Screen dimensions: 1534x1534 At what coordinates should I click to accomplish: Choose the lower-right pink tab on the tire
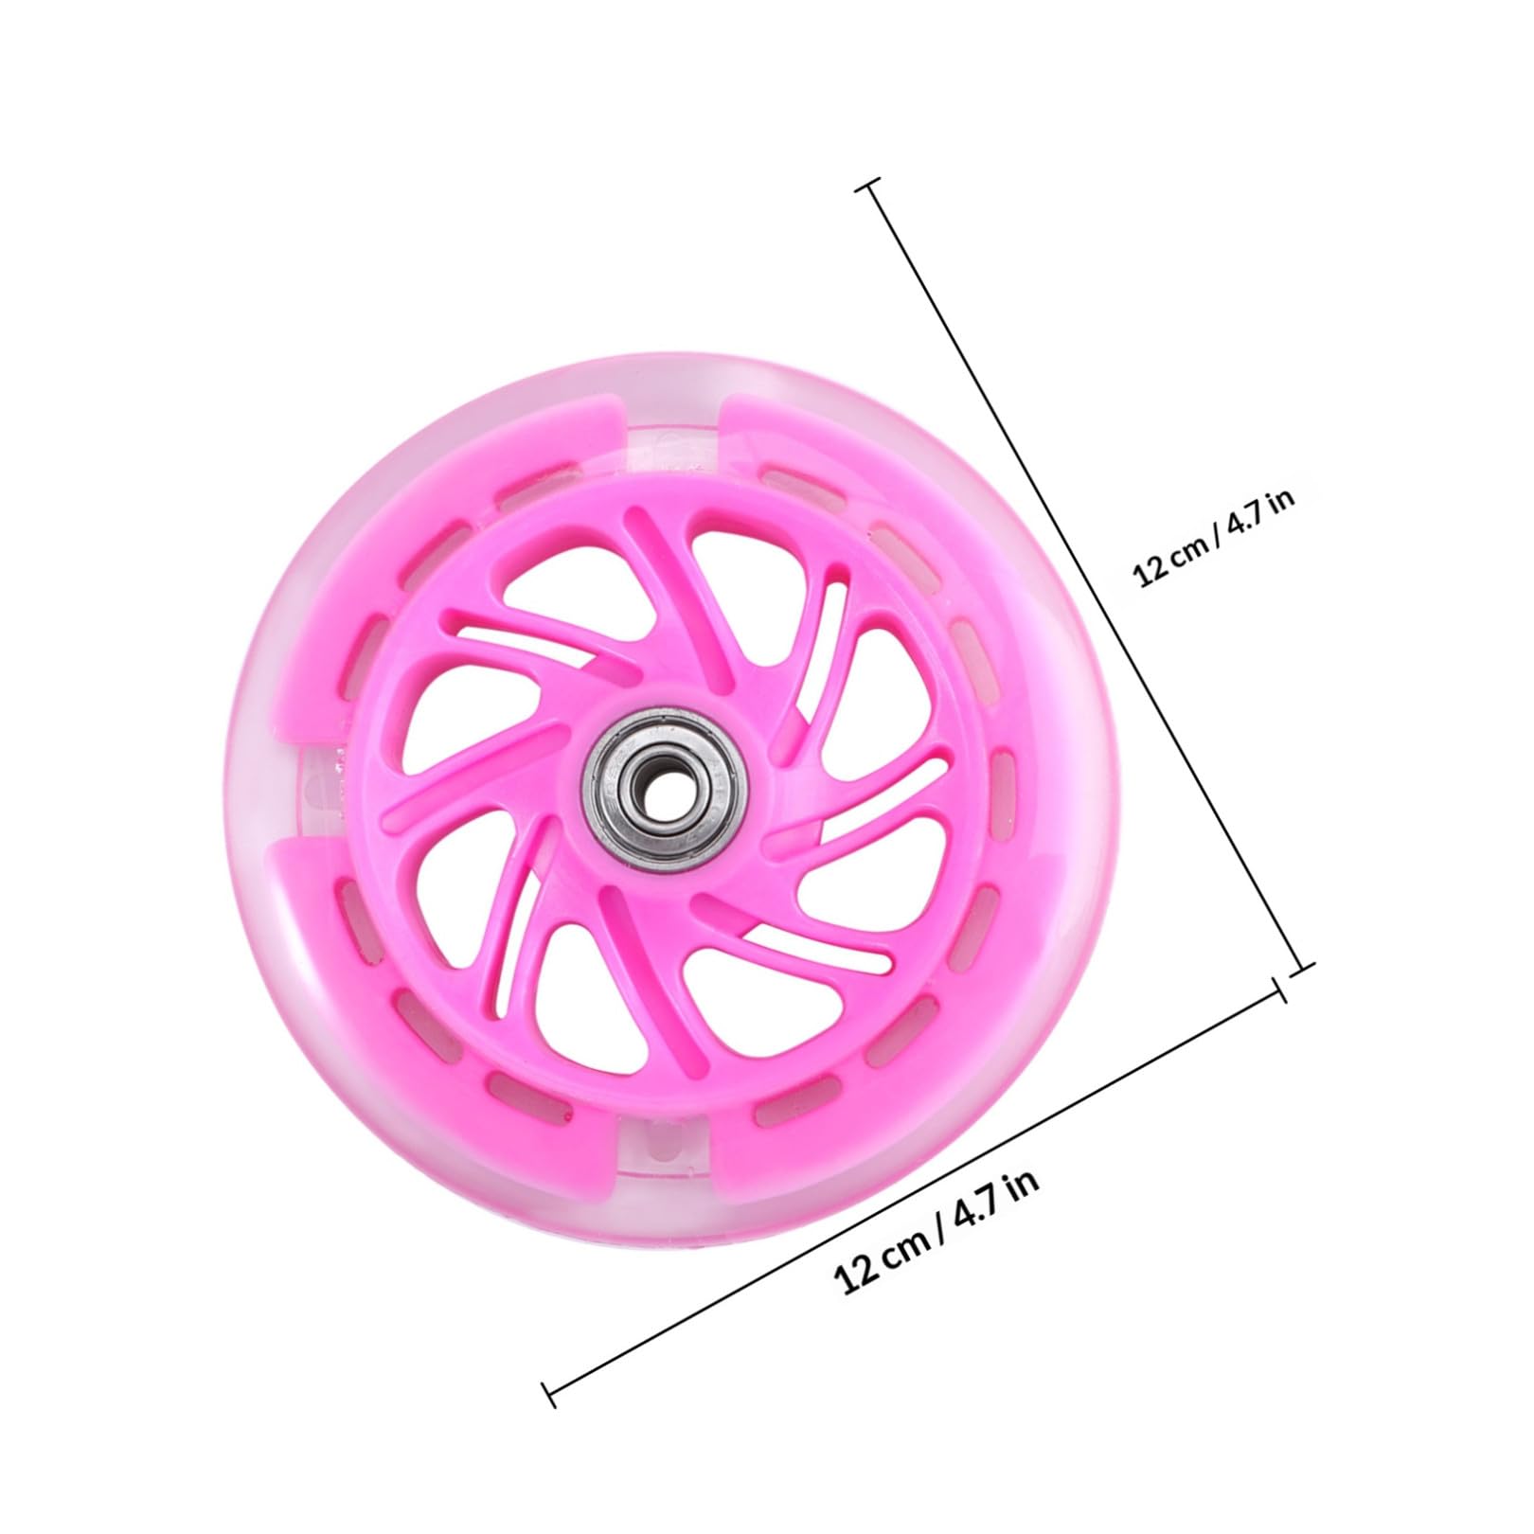click(852, 1089)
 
